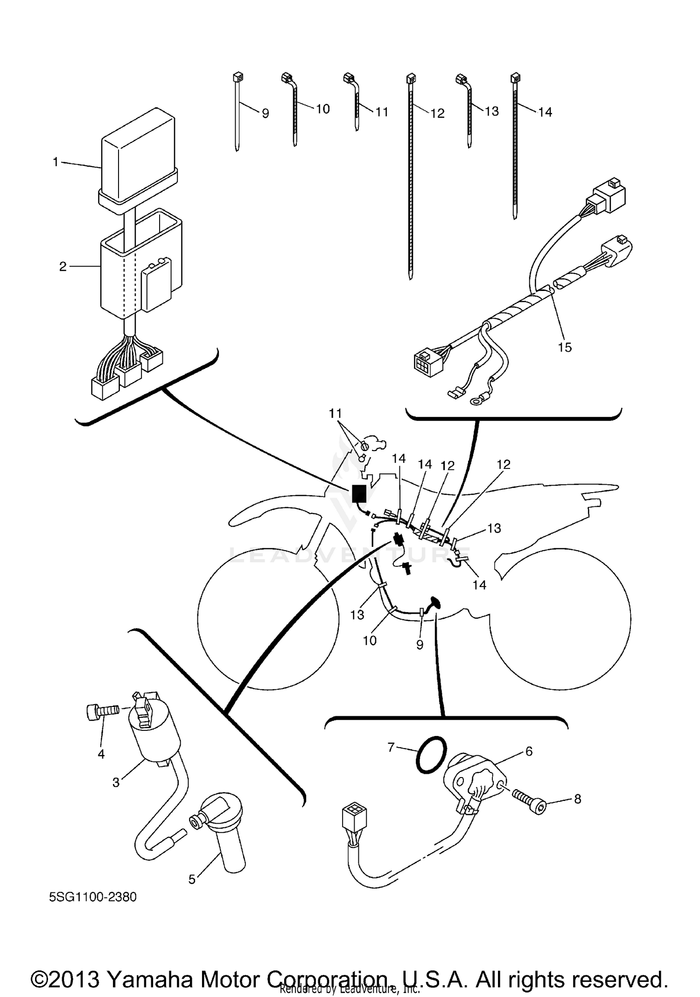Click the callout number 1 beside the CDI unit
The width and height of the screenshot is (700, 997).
click(x=56, y=162)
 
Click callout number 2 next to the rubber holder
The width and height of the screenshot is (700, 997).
click(x=63, y=267)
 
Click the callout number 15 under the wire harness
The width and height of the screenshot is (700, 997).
click(x=565, y=347)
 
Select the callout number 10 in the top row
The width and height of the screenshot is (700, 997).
click(x=323, y=109)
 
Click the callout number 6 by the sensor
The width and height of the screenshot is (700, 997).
click(x=529, y=751)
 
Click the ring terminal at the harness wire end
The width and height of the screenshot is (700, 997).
click(x=476, y=400)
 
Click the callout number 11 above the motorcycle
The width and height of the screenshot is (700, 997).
click(x=335, y=413)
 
